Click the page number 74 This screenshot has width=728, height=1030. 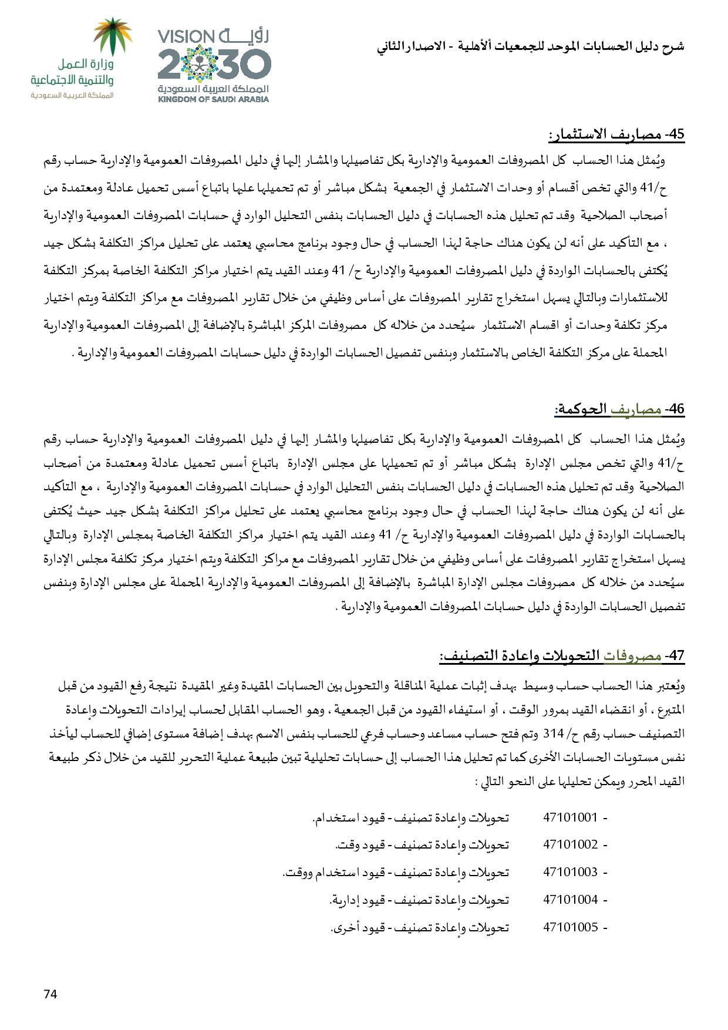click(50, 994)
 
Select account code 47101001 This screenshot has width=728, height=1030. click(570, 817)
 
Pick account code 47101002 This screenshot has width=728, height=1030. click(570, 844)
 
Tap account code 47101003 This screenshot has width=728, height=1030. click(570, 872)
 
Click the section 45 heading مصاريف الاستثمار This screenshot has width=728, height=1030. click(616, 134)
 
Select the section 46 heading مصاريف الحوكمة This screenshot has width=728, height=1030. click(619, 410)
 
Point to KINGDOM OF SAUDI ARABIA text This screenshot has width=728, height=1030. click(213, 99)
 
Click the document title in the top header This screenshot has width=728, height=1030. click(531, 46)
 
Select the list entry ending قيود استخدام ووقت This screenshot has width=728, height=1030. click(395, 872)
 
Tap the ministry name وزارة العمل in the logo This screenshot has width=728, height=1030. click(86, 65)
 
